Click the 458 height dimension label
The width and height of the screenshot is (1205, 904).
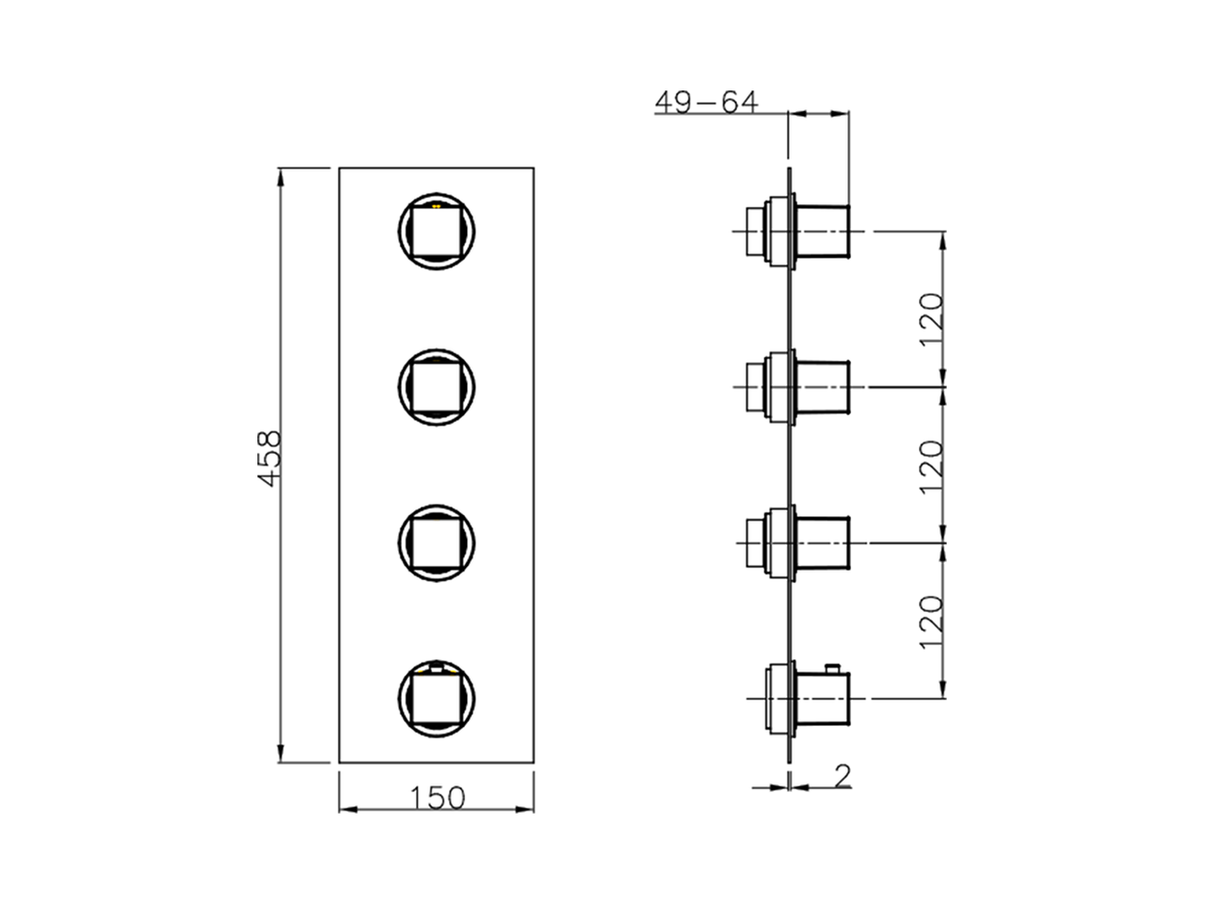click(x=269, y=459)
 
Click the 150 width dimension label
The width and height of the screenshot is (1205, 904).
click(x=437, y=798)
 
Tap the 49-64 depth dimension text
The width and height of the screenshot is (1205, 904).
click(x=706, y=102)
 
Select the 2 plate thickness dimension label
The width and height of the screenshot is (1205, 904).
click(x=843, y=774)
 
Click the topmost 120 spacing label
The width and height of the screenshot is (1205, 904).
click(x=931, y=319)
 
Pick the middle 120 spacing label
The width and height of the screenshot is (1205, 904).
click(x=931, y=466)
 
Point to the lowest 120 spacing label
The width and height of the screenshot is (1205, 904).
click(x=931, y=621)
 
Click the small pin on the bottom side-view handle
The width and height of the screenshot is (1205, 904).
click(x=831, y=668)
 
